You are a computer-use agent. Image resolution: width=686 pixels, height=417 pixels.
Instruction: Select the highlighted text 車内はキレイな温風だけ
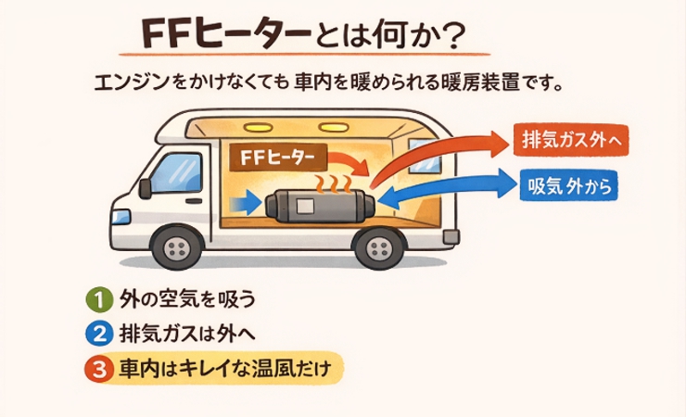tap(228, 368)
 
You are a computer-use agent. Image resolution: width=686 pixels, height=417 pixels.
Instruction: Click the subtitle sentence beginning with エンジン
tap(329, 82)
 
